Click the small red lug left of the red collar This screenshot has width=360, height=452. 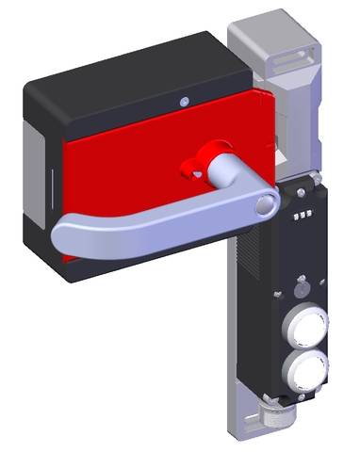coord(188,170)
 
